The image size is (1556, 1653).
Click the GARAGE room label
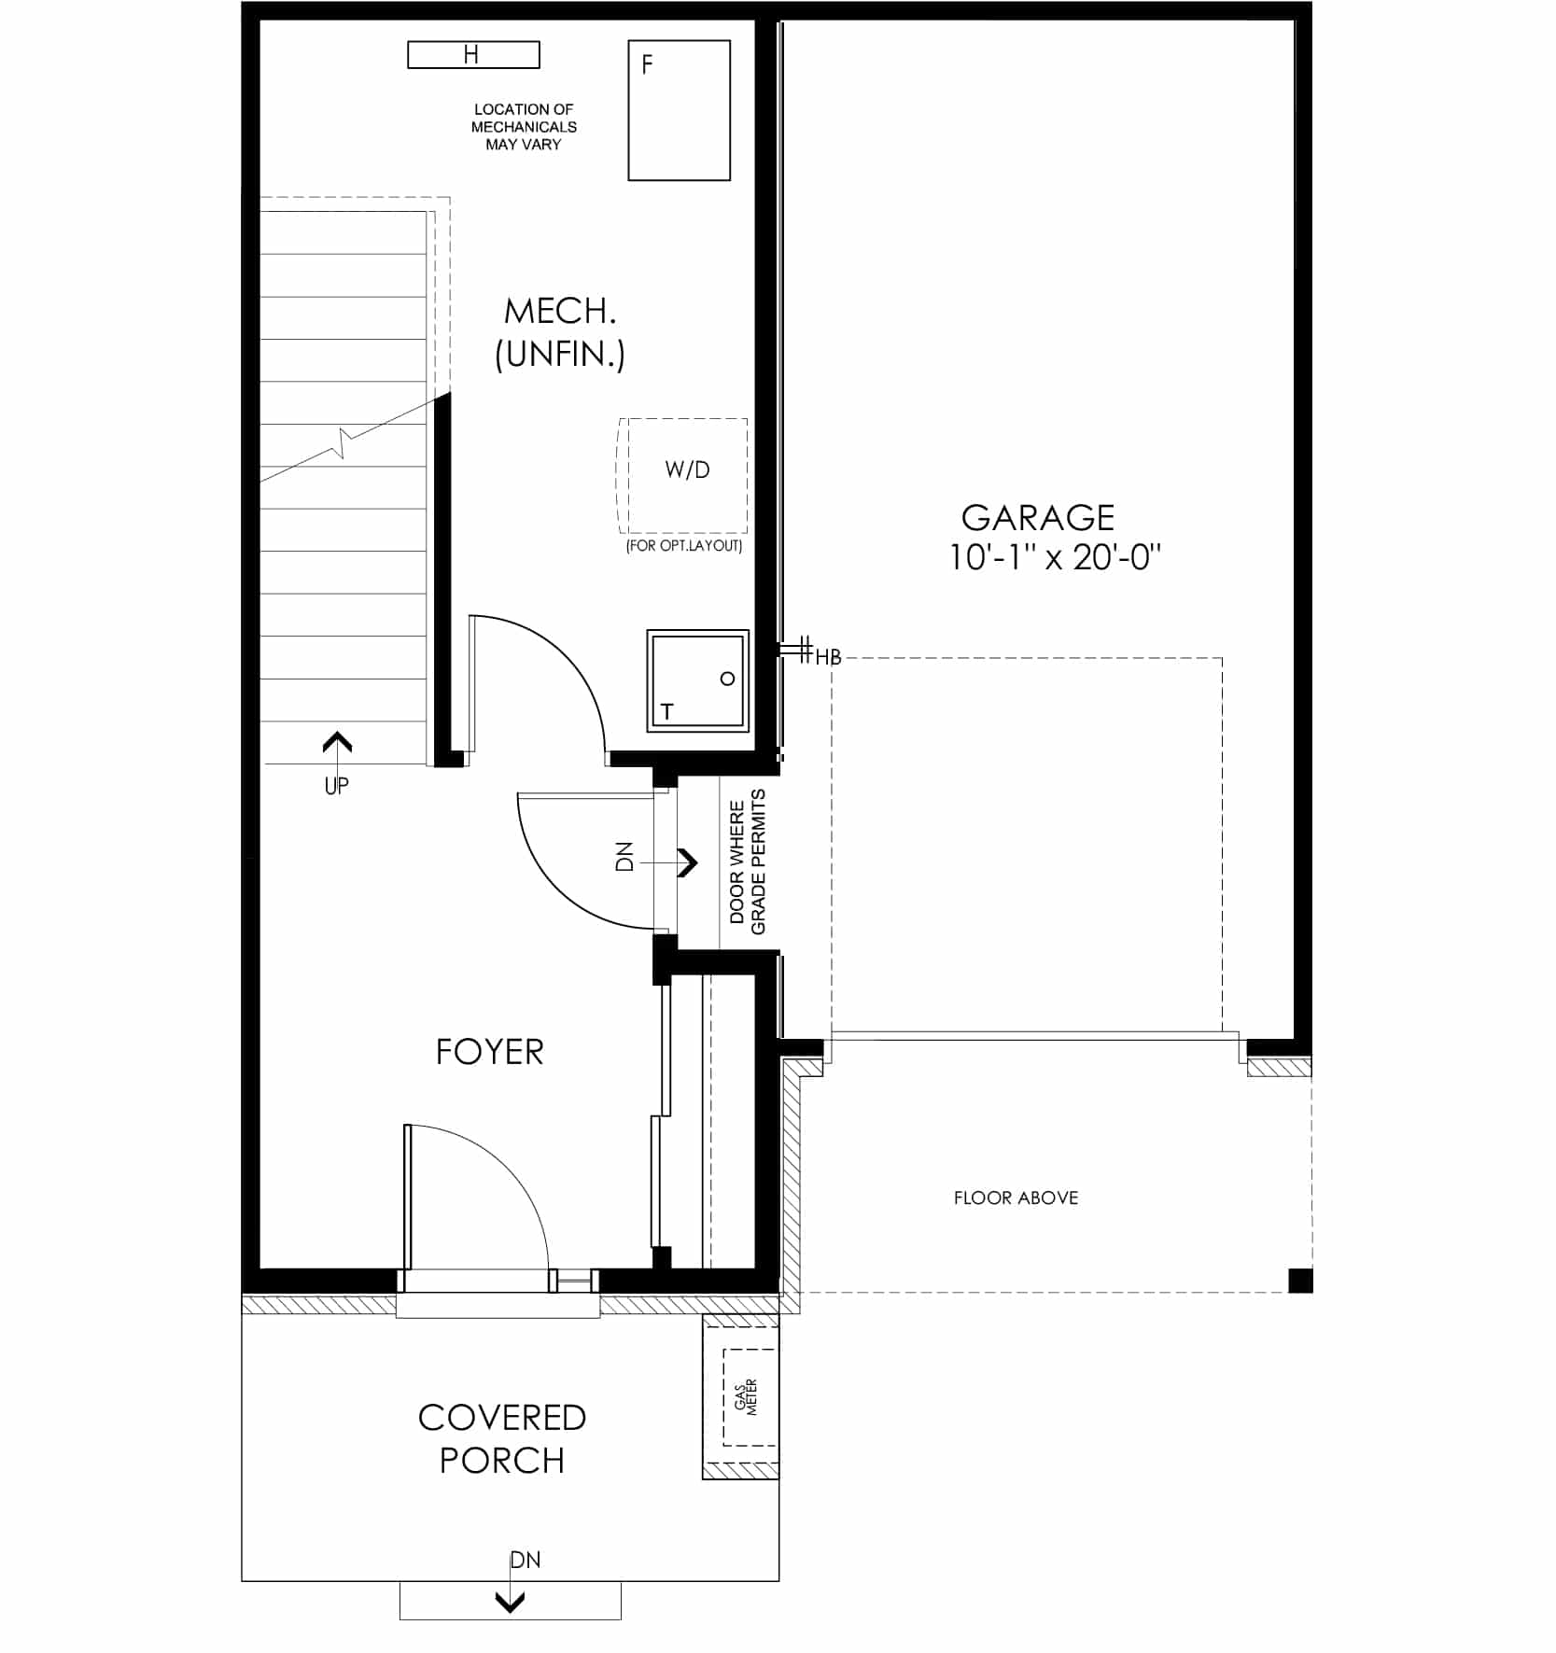[1038, 517]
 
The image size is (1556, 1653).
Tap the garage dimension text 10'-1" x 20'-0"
[1055, 557]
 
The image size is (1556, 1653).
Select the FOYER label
[489, 1052]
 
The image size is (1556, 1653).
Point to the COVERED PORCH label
[502, 1438]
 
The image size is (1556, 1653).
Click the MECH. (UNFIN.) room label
[560, 332]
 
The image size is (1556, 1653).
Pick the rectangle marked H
[473, 55]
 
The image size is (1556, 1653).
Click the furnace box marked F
[679, 110]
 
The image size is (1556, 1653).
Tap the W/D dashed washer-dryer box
[683, 475]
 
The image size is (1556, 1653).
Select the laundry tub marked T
[697, 680]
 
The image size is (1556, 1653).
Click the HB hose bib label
[828, 657]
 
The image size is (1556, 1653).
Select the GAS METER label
[746, 1396]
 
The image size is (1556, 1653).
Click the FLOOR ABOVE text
[1016, 1198]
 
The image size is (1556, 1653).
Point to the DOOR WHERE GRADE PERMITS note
[748, 862]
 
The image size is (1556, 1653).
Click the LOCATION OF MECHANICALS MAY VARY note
[524, 127]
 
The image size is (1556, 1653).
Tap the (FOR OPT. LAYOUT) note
[684, 546]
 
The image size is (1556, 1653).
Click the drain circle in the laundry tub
[727, 679]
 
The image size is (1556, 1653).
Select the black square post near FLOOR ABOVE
[1300, 1280]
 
